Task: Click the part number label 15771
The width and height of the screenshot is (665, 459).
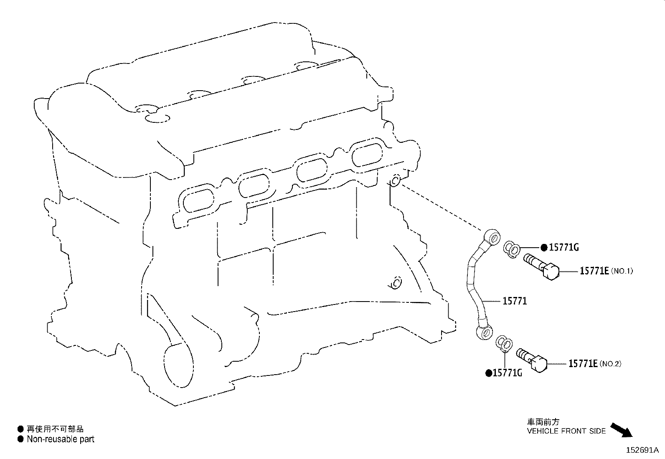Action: click(x=515, y=301)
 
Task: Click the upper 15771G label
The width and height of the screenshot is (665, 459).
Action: click(x=564, y=247)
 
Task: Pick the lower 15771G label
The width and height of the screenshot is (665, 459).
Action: click(x=507, y=373)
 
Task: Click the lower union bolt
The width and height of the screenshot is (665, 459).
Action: click(x=532, y=360)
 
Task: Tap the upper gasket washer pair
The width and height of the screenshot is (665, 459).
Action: click(x=512, y=249)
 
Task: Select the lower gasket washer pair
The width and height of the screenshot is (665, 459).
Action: click(x=504, y=344)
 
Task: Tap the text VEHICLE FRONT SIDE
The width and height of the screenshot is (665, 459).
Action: click(x=566, y=431)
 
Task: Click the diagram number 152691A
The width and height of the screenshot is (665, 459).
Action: click(x=642, y=450)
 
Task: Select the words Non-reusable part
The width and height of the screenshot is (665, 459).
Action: click(x=61, y=439)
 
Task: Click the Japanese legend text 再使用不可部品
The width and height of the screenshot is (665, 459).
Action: click(x=55, y=429)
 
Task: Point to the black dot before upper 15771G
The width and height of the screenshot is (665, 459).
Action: click(x=544, y=248)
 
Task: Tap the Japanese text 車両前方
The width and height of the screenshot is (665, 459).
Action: click(x=543, y=421)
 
